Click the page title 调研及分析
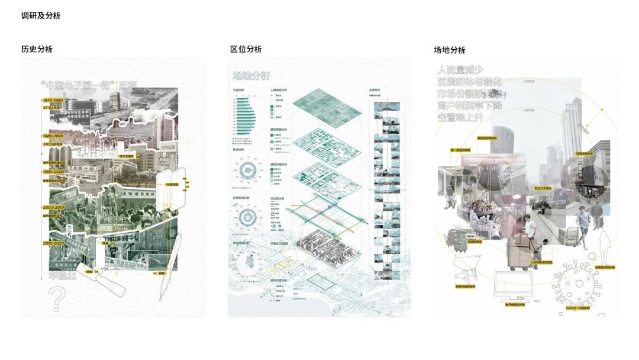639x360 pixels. [x=40, y=16]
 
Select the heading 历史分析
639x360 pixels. [x=37, y=49]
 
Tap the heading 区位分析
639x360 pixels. [x=246, y=49]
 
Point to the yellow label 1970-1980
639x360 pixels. [x=54, y=101]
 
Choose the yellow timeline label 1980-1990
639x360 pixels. [x=54, y=136]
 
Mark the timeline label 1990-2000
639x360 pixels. [x=54, y=171]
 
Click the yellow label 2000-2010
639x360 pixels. [x=54, y=208]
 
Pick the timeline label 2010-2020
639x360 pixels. [x=54, y=243]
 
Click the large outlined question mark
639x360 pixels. [x=57, y=299]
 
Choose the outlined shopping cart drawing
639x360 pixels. [x=466, y=269]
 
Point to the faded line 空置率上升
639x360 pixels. [x=469, y=117]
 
